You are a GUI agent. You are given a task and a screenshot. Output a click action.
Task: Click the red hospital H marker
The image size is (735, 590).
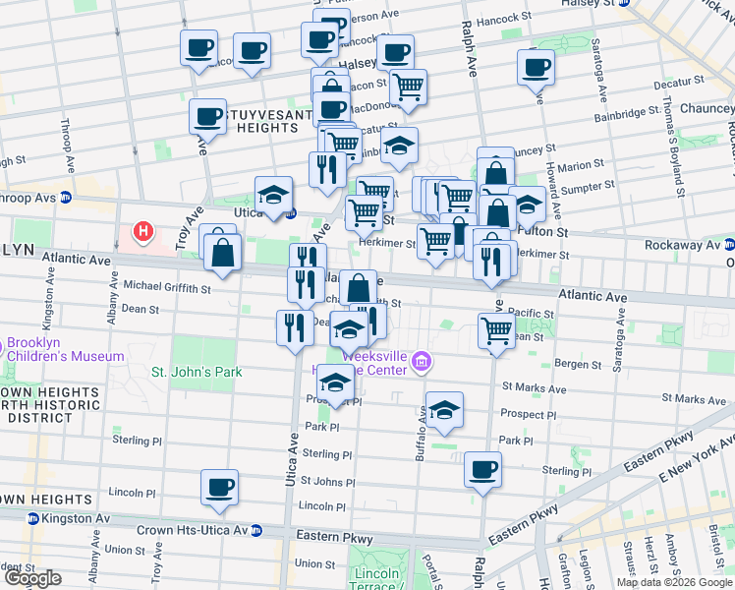(143, 233)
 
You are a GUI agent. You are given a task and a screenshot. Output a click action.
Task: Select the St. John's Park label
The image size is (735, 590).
(196, 372)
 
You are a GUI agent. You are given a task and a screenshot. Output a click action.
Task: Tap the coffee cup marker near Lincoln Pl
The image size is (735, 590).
(219, 486)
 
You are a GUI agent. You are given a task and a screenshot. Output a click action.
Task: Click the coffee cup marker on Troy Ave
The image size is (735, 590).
(207, 116)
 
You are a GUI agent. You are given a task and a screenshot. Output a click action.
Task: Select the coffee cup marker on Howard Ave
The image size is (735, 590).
(537, 67)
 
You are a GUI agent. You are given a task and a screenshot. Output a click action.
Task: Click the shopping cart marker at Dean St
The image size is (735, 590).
(497, 330)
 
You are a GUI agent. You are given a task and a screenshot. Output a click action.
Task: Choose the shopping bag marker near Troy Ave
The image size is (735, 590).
(224, 252)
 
